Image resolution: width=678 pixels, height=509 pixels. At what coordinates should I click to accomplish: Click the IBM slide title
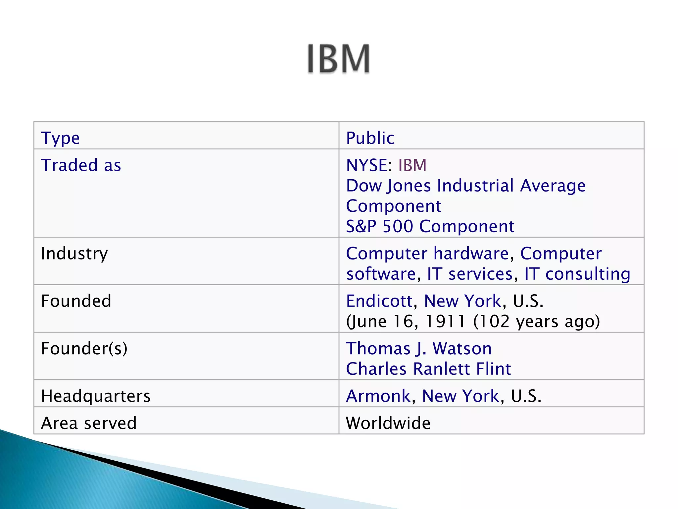(338, 59)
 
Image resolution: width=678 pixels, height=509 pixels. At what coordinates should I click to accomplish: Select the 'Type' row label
(60, 138)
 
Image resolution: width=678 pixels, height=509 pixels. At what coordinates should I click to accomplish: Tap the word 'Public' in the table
(370, 138)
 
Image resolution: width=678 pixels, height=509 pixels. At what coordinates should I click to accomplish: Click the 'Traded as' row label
(81, 165)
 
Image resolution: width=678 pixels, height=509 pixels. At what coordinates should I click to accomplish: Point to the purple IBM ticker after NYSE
(412, 165)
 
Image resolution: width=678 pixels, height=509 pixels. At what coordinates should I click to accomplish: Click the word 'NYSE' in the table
(366, 165)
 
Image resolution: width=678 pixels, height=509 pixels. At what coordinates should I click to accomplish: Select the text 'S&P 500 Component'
(430, 226)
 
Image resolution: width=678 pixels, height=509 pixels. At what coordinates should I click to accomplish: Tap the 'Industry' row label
(74, 254)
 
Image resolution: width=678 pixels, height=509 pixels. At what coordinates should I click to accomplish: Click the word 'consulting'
(588, 274)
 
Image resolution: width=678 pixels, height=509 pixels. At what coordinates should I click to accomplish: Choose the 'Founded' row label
(76, 301)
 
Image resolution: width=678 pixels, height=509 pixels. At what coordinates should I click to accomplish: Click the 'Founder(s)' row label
(84, 349)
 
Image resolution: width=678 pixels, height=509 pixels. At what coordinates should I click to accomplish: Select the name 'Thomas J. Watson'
(419, 349)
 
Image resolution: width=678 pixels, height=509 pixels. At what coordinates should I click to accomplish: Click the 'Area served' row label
(89, 423)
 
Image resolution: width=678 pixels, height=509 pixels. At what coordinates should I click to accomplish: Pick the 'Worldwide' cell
(388, 423)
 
